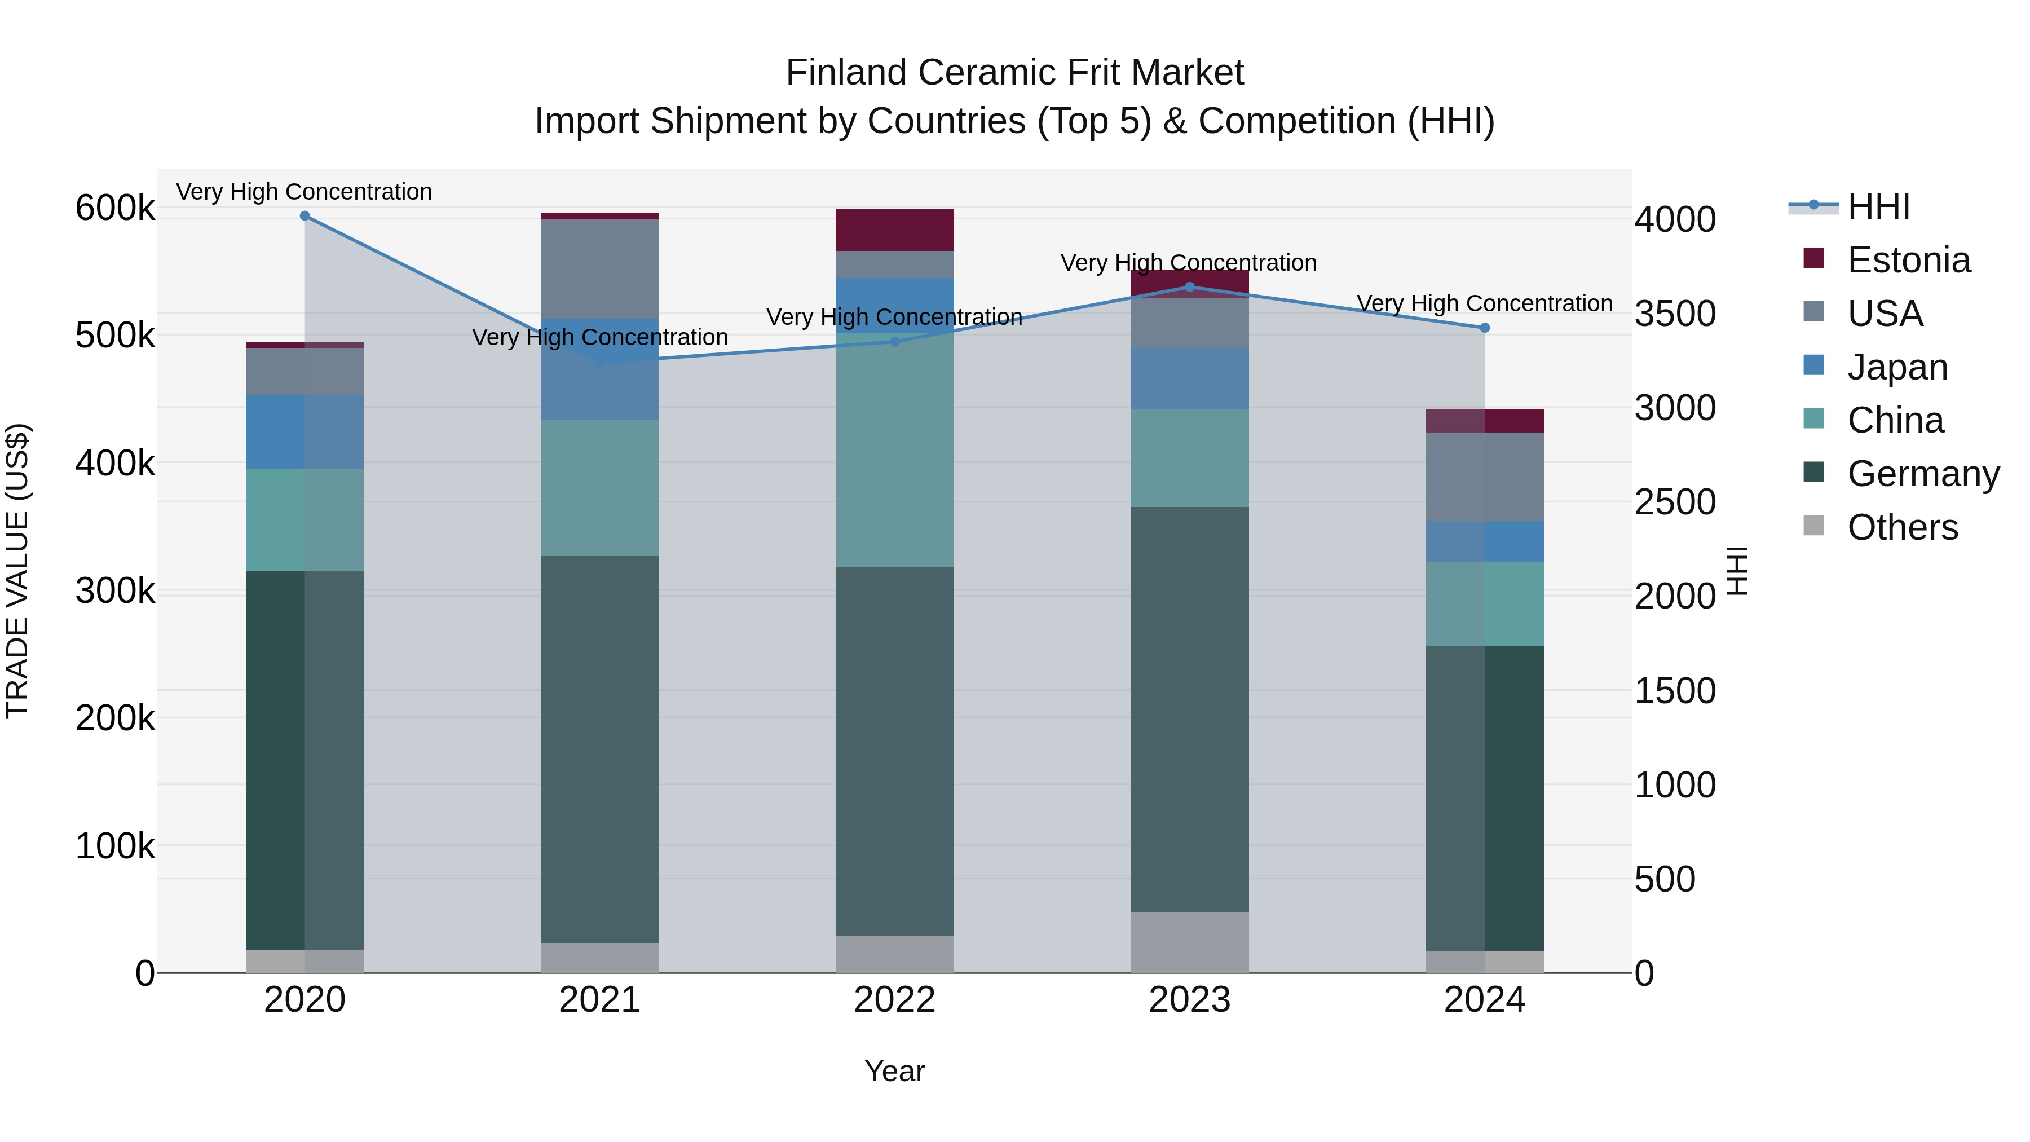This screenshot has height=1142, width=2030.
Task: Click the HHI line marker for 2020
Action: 305,216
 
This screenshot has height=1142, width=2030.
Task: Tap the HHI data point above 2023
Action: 1190,287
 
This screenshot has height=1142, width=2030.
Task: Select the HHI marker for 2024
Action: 1485,328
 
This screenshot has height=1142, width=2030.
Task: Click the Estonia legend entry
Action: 1908,260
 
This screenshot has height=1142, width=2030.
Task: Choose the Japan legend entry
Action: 1897,367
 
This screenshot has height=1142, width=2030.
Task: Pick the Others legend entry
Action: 1901,527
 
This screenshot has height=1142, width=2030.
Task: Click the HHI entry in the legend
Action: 1878,206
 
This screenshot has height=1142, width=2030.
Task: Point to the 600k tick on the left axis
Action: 115,208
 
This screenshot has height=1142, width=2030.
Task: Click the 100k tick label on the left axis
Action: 115,846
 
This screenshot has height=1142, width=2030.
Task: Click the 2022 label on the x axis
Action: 894,1000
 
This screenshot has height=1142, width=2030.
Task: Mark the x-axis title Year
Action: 894,1071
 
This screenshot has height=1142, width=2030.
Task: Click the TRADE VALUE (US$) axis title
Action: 18,571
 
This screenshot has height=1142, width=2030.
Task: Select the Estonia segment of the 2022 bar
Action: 894,230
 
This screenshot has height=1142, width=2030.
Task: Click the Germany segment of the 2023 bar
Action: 1190,709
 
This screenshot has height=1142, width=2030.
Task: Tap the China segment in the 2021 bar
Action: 600,488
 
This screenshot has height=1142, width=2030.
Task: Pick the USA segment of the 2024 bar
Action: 1485,477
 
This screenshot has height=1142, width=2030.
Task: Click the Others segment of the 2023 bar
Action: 1190,942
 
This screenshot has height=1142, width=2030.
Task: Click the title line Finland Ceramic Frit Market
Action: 1014,73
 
